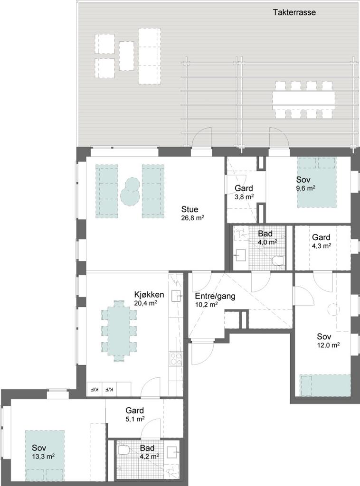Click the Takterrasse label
coord(294,12)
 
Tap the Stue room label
coord(190,209)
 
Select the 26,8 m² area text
coord(192,217)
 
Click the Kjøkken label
coord(149,294)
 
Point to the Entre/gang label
coord(215,296)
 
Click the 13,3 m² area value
coord(43,456)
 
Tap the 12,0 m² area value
coord(328,345)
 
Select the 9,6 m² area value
coord(306,188)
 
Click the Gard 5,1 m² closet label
coord(134,414)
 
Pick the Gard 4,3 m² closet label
coord(321,241)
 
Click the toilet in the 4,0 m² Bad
coord(278,261)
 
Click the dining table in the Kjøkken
coord(119,331)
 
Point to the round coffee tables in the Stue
coord(130,191)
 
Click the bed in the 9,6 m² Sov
coord(317,182)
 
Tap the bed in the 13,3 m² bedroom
coord(45,456)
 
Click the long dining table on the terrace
coord(304,100)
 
